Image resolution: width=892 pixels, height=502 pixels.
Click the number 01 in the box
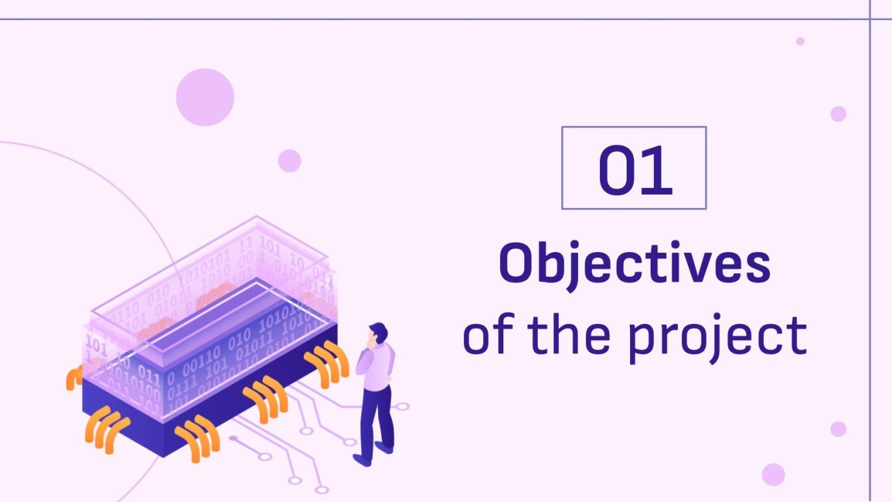(634, 171)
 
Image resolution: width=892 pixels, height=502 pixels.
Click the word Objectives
(634, 265)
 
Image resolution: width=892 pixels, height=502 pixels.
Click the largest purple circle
(205, 97)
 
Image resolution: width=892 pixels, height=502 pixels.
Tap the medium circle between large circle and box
(289, 161)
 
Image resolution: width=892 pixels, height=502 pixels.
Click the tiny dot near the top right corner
(800, 41)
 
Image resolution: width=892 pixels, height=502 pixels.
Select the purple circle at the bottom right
(773, 474)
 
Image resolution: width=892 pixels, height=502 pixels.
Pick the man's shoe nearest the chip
(362, 460)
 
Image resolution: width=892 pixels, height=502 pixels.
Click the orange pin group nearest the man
(327, 363)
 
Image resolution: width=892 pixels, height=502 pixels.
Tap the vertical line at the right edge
(871, 267)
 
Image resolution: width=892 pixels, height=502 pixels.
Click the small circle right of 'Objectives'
(838, 114)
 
